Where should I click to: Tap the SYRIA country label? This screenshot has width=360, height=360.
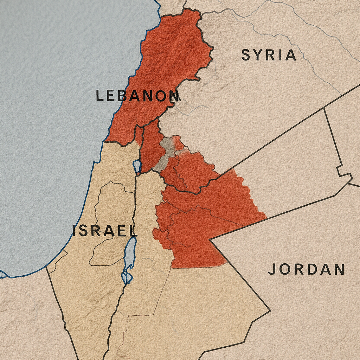[269, 55]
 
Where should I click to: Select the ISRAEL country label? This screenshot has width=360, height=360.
[105, 231]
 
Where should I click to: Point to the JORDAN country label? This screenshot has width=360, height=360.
[306, 270]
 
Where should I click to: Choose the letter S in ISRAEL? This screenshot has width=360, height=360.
[84, 231]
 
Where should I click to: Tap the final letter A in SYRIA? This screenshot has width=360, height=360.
[290, 55]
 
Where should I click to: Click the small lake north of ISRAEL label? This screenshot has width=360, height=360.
[137, 165]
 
